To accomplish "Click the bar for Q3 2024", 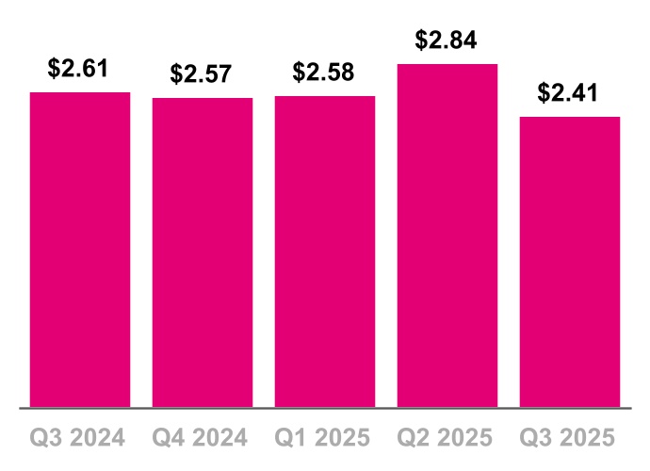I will [x=80, y=250].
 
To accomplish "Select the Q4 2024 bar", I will [x=203, y=252].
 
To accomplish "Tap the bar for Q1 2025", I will [x=325, y=252].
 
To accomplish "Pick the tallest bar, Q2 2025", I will [x=447, y=235].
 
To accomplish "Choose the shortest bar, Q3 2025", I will [x=570, y=262].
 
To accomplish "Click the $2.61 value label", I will [x=80, y=69].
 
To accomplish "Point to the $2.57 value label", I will [x=201, y=74].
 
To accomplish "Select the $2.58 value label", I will [x=324, y=73].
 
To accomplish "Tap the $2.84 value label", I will [x=447, y=41].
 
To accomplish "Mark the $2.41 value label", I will [x=569, y=93].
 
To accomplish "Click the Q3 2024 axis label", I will [x=80, y=438].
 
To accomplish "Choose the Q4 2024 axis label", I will [x=203, y=438].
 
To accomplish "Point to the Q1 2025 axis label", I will [x=325, y=438].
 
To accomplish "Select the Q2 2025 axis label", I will [x=447, y=438].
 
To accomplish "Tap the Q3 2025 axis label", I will [x=570, y=438].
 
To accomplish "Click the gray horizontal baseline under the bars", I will [x=325, y=408].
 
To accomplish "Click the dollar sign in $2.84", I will [x=422, y=41].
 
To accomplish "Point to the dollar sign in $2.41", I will [x=544, y=94].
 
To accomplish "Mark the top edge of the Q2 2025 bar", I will [x=447, y=65].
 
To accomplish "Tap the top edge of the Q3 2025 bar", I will [x=570, y=118].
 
